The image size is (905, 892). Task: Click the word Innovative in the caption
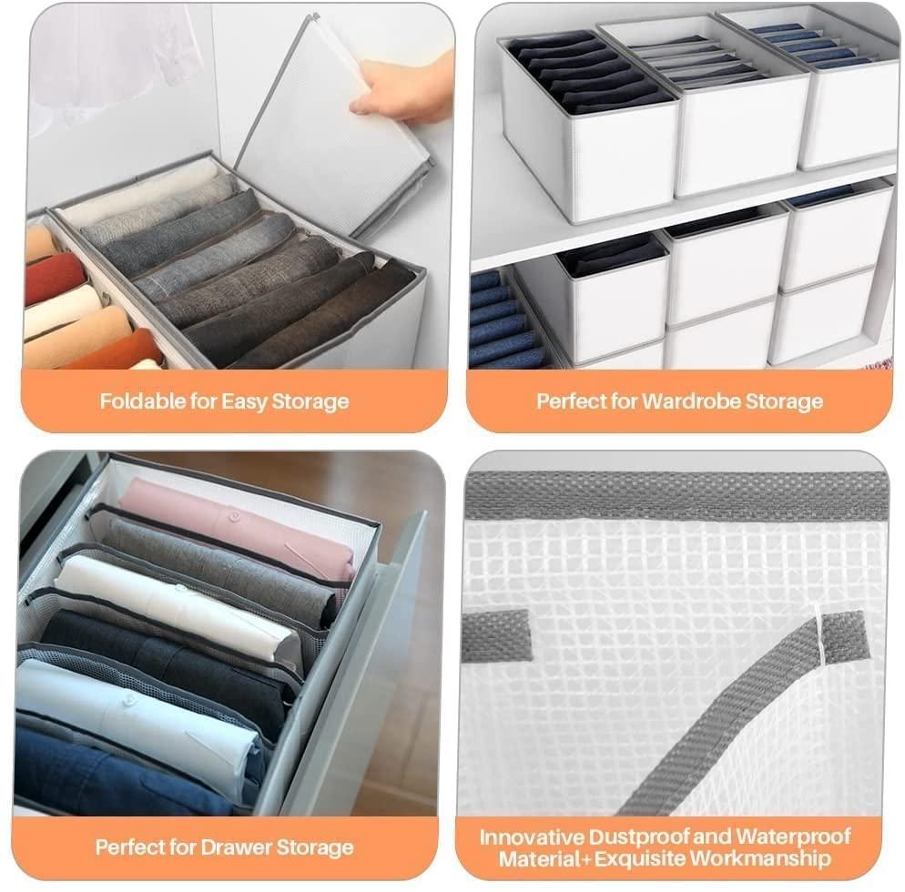tap(533, 836)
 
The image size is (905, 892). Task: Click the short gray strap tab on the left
tap(496, 635)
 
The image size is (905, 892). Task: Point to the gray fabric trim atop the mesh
tap(674, 496)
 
